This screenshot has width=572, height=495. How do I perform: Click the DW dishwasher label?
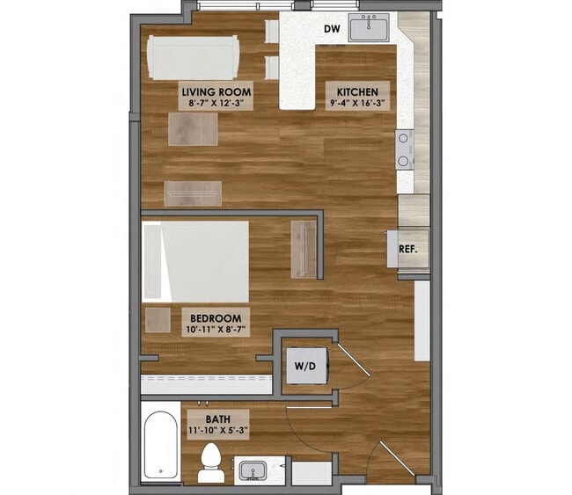tap(331, 29)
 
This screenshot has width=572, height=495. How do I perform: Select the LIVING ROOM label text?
tap(216, 91)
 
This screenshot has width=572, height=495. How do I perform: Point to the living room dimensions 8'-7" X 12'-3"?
tap(216, 104)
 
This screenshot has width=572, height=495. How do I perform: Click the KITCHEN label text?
tap(356, 91)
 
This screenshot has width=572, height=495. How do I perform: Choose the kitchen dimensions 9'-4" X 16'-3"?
tap(356, 104)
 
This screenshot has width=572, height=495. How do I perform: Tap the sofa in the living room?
tap(194, 57)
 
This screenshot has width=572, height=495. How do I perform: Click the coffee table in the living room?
tap(194, 129)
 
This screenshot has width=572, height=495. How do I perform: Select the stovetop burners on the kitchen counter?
tap(405, 149)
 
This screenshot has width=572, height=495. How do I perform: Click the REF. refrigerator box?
tap(407, 249)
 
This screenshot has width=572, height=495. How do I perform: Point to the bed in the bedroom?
tap(196, 260)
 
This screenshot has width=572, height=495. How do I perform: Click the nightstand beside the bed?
tap(158, 317)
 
